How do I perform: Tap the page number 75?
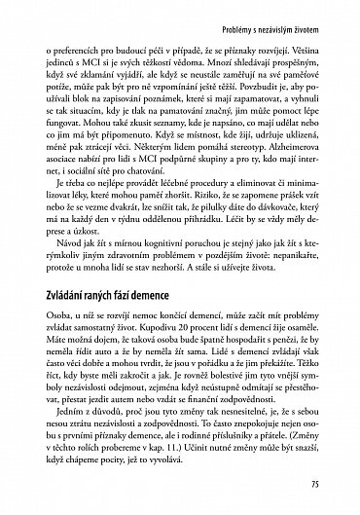pyautogui.click(x=331, y=483)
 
